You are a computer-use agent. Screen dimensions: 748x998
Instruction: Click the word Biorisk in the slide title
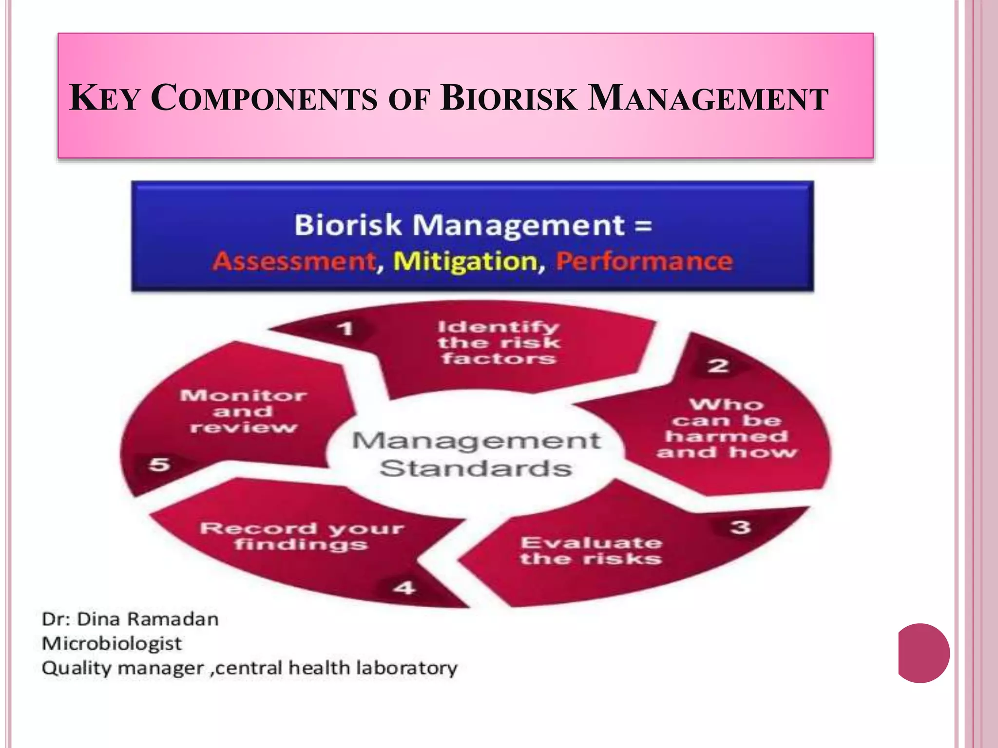coord(509,98)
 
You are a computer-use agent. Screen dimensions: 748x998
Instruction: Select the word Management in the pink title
coord(708,98)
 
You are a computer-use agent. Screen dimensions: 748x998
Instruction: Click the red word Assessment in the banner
coord(294,262)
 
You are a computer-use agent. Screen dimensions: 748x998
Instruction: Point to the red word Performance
coord(644,262)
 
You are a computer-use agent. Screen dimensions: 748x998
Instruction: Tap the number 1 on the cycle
coord(345,329)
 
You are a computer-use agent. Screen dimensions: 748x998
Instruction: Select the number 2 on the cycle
coord(718,366)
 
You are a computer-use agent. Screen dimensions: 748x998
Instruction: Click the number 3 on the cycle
coord(740,527)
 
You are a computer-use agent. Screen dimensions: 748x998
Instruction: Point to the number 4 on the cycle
coord(404,588)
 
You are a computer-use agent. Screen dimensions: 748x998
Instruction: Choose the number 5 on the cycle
coord(159,464)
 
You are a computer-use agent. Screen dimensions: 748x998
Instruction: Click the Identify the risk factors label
coord(498,343)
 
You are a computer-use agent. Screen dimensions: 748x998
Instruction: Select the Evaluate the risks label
coord(591,551)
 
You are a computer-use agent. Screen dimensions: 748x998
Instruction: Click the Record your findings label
coord(302,536)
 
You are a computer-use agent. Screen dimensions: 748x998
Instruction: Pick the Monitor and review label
coord(243,411)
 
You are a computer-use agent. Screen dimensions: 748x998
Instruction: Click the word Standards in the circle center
coord(476,468)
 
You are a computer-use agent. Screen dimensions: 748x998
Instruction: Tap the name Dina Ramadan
coord(148,619)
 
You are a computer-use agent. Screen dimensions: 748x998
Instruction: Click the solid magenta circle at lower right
coord(923,653)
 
